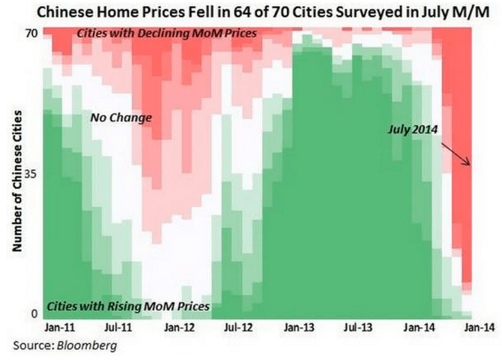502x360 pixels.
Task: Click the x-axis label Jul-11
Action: pyautogui.click(x=120, y=328)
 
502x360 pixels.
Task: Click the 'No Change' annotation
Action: pyautogui.click(x=121, y=118)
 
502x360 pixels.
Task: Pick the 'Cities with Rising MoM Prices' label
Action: pyautogui.click(x=128, y=307)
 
